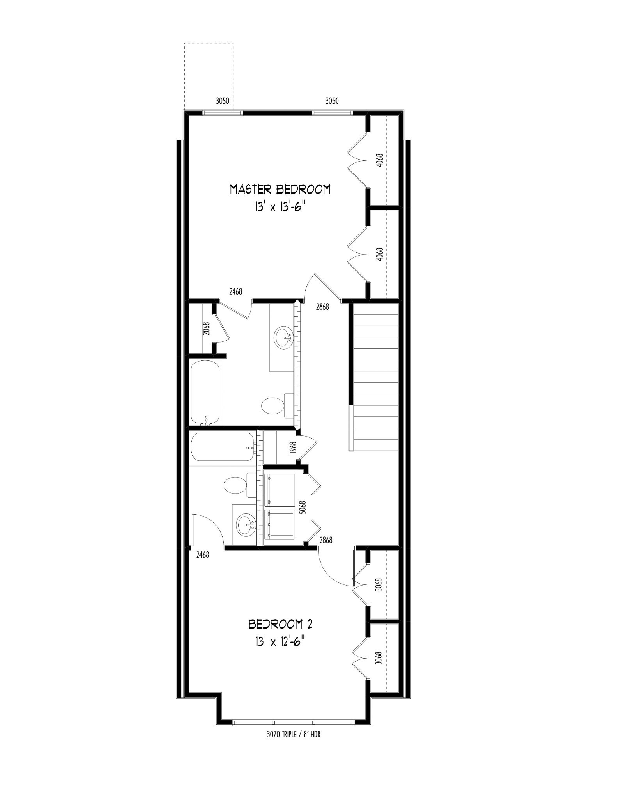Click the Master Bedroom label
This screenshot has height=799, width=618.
coord(280,190)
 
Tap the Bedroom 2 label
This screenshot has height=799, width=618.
coord(280,625)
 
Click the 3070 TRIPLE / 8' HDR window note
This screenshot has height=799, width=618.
coord(294,734)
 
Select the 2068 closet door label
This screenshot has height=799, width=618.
coord(207,328)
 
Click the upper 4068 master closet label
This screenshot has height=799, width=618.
coord(379,161)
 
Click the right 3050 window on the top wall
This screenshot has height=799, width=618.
coord(332,113)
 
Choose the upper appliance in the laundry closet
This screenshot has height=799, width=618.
coord(280,490)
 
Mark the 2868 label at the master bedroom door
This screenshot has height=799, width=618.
coord(322,307)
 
